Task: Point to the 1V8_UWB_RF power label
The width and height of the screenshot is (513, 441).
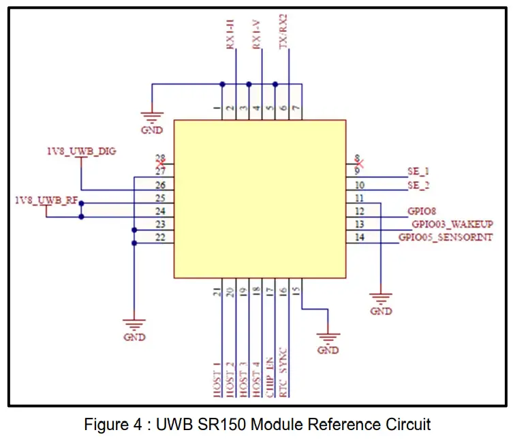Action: click(46, 200)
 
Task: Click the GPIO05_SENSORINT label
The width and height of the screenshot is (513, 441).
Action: click(446, 237)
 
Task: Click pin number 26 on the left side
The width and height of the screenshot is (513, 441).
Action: click(160, 185)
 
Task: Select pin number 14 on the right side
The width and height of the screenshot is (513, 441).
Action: click(359, 237)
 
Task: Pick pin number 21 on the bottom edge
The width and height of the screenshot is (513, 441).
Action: click(217, 292)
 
